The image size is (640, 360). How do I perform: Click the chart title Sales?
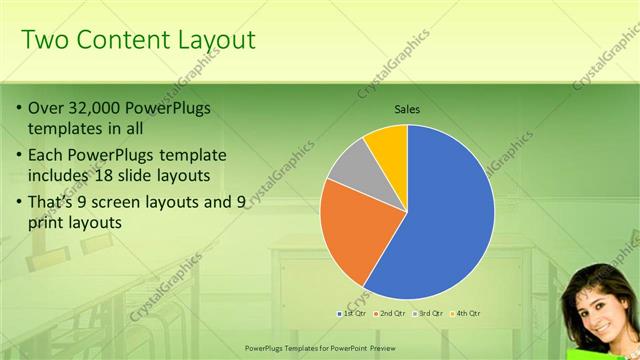click(x=406, y=108)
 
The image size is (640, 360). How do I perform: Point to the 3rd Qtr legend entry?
click(x=429, y=314)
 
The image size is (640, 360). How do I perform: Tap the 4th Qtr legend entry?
click(x=466, y=314)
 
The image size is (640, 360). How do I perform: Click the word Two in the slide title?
click(x=45, y=40)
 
